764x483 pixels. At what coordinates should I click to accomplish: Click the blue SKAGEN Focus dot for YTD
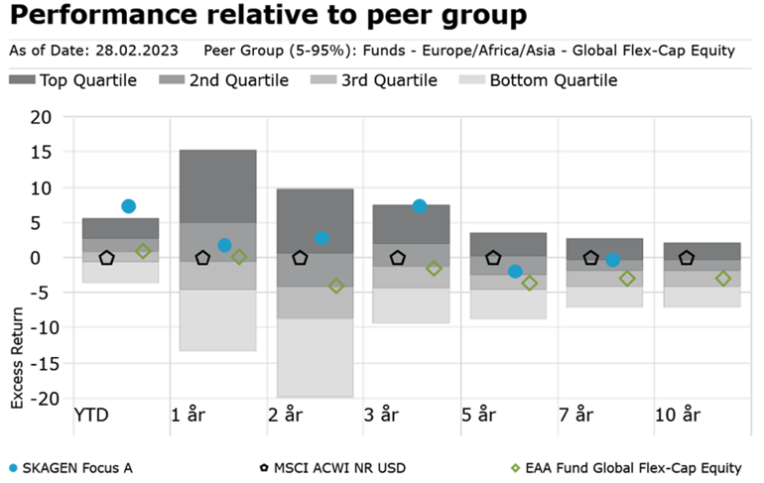point(128,206)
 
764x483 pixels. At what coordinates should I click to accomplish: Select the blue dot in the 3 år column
point(420,206)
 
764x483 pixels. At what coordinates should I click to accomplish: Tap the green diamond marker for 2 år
point(336,286)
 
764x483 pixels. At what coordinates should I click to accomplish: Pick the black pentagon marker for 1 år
point(203,258)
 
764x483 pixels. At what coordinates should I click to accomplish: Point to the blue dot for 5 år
point(515,271)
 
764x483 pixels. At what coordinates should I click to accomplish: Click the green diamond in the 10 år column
point(723,279)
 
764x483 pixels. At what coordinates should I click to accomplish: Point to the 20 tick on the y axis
point(41,117)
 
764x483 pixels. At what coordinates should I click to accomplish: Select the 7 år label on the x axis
point(575,414)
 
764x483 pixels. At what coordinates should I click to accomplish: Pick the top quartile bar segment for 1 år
point(218,186)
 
